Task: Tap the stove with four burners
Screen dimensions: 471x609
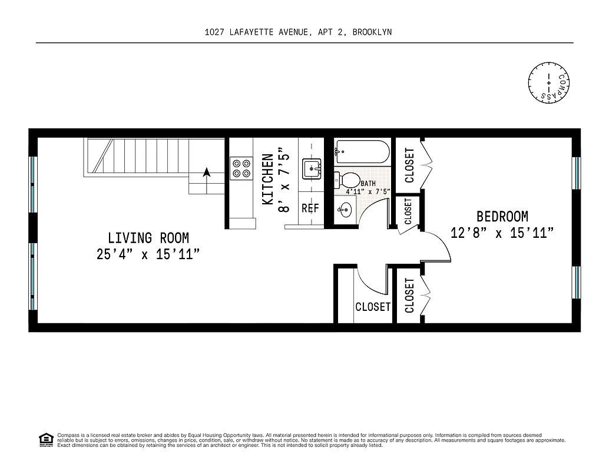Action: pos(241,168)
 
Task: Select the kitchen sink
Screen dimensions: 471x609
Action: pos(312,169)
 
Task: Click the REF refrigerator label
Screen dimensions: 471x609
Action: pos(310,208)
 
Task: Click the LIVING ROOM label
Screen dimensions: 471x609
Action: pos(148,238)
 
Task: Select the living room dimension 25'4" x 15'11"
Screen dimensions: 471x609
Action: pos(148,254)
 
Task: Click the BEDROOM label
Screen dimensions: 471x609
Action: pos(502,217)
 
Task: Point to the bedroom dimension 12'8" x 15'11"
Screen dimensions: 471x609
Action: pos(502,233)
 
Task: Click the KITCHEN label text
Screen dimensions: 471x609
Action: pos(267,180)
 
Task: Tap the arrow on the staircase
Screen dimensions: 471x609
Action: pos(207,173)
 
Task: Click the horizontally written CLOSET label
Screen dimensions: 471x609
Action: pos(373,307)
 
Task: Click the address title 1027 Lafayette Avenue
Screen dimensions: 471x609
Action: pos(298,32)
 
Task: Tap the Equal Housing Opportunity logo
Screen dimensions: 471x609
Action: pos(45,440)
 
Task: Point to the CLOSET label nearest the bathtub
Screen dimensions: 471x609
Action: pos(409,165)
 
